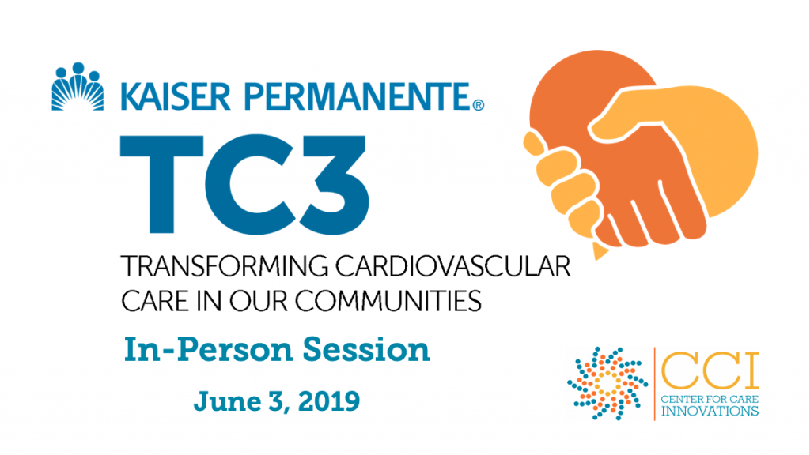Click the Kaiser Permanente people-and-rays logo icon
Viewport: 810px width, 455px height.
click(78, 87)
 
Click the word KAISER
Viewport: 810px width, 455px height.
click(175, 96)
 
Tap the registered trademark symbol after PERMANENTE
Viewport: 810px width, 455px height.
click(479, 105)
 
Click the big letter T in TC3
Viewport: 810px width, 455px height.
click(161, 184)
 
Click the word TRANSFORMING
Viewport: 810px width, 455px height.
click(225, 267)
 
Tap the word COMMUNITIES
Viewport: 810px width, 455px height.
click(388, 300)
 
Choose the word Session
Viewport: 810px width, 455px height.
click(365, 350)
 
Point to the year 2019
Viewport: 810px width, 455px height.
click(328, 401)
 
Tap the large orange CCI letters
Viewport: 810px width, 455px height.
click(710, 371)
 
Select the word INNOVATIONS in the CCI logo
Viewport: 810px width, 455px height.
click(710, 411)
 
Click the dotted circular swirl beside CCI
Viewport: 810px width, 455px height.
click(607, 383)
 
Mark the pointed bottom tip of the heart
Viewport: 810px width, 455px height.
click(598, 258)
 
